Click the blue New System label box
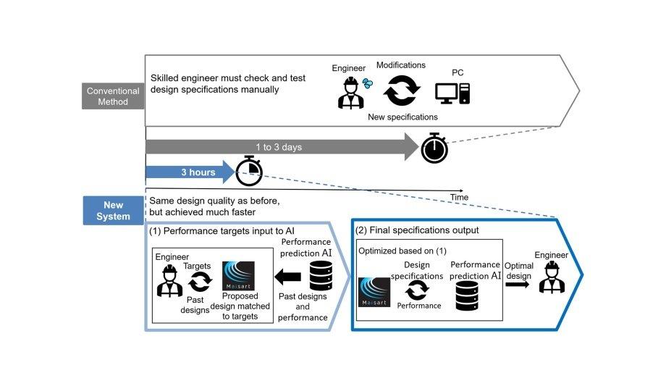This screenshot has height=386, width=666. [113, 210]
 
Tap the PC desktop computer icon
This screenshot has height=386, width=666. [453, 93]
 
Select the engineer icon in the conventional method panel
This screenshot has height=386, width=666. [351, 92]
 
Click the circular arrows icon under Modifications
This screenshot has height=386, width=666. [400, 93]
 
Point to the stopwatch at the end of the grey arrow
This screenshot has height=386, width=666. [435, 148]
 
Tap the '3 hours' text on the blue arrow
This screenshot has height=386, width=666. [198, 173]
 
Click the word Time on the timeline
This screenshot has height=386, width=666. [459, 197]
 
